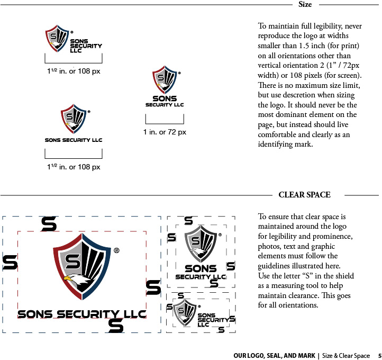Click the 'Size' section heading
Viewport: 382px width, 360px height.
pos(305,5)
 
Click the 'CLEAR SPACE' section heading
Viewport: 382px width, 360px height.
pos(304,195)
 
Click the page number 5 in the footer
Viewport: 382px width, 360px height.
pos(379,355)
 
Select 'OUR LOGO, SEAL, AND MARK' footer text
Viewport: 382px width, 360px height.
pos(274,355)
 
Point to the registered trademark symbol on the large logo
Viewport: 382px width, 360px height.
pos(116,250)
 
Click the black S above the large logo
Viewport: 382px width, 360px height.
pos(49,224)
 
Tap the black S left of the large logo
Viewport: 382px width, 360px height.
pos(10,262)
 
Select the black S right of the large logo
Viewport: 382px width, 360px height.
pos(153,287)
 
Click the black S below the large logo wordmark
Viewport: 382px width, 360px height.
pos(115,326)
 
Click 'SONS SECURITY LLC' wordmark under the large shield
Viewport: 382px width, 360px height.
pos(81,314)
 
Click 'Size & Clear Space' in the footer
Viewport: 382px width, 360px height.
pos(346,355)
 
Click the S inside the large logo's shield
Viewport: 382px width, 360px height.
pos(72,261)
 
